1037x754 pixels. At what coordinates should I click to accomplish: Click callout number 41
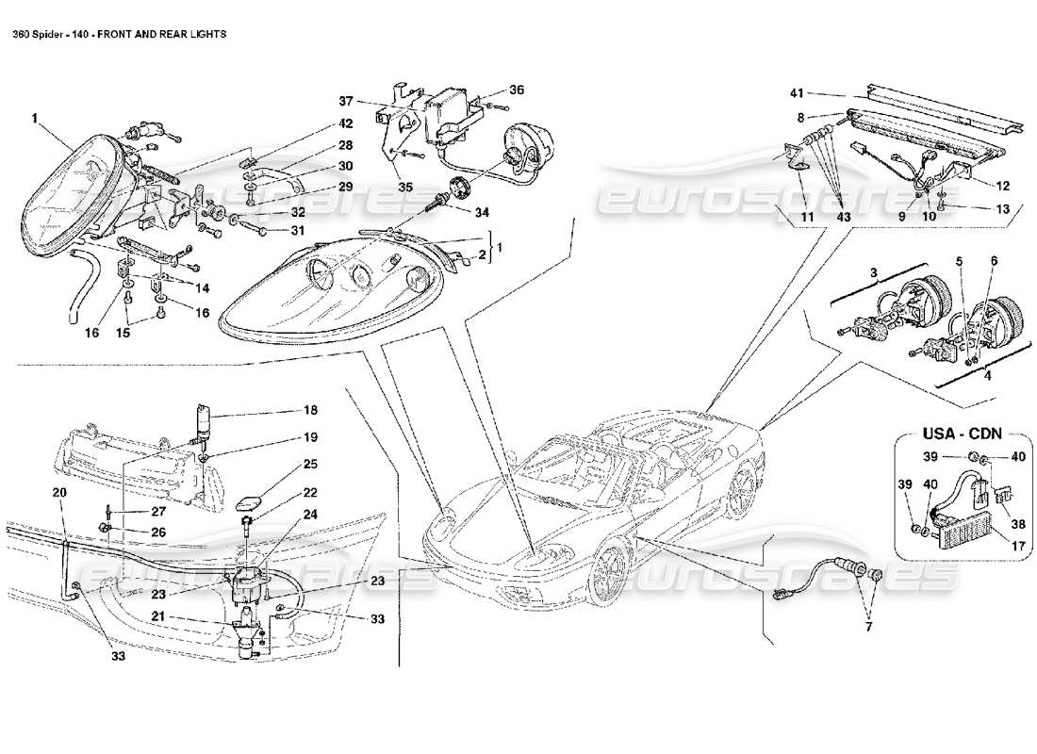pyautogui.click(x=797, y=94)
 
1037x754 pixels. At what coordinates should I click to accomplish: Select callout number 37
pyautogui.click(x=346, y=101)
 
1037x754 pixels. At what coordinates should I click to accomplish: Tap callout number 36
pyautogui.click(x=516, y=90)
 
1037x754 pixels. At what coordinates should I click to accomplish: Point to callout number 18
pyautogui.click(x=310, y=411)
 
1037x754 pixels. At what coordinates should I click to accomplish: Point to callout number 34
pyautogui.click(x=483, y=212)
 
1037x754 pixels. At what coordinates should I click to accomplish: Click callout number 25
pyautogui.click(x=310, y=465)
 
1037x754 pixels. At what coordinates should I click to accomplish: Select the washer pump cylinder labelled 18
pyautogui.click(x=202, y=416)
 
